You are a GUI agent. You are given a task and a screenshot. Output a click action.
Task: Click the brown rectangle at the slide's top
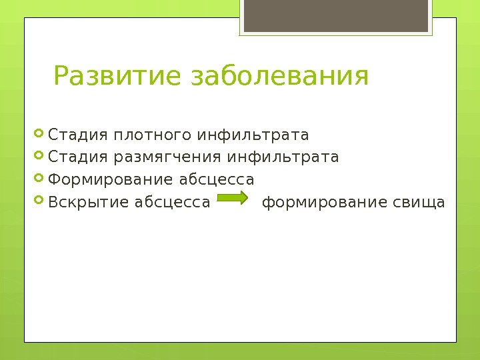(335, 16)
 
